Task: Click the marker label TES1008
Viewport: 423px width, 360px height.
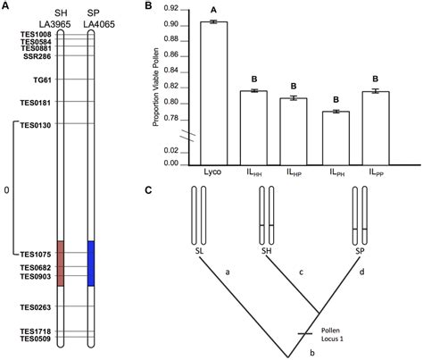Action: click(36, 34)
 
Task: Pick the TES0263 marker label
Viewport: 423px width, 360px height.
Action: click(36, 307)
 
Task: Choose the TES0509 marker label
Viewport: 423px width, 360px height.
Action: click(36, 339)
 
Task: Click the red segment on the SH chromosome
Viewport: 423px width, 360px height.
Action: click(61, 264)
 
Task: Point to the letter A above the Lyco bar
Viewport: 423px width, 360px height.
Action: click(213, 12)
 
